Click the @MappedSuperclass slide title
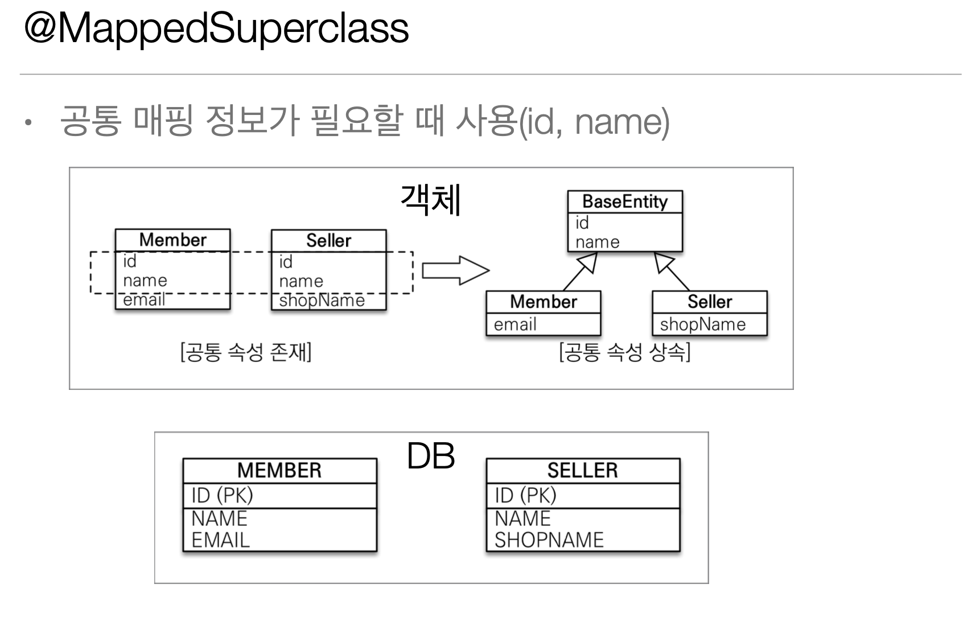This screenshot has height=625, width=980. click(x=216, y=28)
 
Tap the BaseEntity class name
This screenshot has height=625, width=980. click(x=624, y=202)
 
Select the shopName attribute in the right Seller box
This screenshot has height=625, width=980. click(x=702, y=324)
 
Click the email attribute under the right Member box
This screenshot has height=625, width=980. click(x=515, y=324)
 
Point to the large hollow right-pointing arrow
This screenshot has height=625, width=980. click(x=455, y=270)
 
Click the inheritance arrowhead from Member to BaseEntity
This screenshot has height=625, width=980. click(x=589, y=263)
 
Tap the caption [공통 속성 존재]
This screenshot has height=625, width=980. click(x=246, y=352)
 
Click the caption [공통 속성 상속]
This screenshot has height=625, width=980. click(x=624, y=352)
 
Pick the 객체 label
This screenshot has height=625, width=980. click(x=431, y=200)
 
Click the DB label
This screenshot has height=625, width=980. click(x=431, y=456)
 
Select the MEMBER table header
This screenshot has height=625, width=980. click(x=279, y=470)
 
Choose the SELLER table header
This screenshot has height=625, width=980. click(x=582, y=470)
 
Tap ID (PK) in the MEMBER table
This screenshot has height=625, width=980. click(x=222, y=495)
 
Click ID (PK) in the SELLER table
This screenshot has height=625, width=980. click(x=525, y=495)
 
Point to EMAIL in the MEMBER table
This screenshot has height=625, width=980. click(x=221, y=540)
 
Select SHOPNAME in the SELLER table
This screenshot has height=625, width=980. click(x=549, y=540)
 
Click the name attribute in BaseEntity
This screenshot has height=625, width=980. click(x=597, y=242)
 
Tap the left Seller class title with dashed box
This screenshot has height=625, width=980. click(x=328, y=240)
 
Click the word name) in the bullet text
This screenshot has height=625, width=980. click(x=622, y=121)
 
